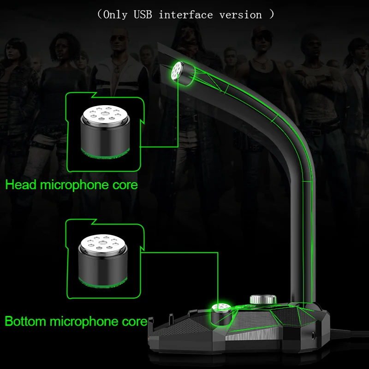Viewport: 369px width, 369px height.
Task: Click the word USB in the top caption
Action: click(143, 15)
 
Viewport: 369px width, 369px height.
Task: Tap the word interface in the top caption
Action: click(186, 15)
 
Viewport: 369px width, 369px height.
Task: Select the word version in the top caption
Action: click(240, 15)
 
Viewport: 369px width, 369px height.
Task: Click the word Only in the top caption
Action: click(115, 15)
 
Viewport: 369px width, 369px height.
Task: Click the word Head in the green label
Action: click(21, 184)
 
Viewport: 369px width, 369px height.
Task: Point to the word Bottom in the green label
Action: click(25, 321)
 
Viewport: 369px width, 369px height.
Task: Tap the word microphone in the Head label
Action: click(74, 185)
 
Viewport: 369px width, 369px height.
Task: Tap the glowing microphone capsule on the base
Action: click(221, 314)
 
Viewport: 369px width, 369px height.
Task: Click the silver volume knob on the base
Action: click(263, 299)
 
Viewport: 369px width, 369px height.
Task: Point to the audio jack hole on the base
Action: click(313, 336)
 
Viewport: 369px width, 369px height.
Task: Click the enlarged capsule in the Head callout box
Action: click(105, 131)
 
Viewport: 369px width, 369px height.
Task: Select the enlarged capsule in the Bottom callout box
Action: click(103, 260)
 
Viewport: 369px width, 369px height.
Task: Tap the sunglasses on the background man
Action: click(119, 38)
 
